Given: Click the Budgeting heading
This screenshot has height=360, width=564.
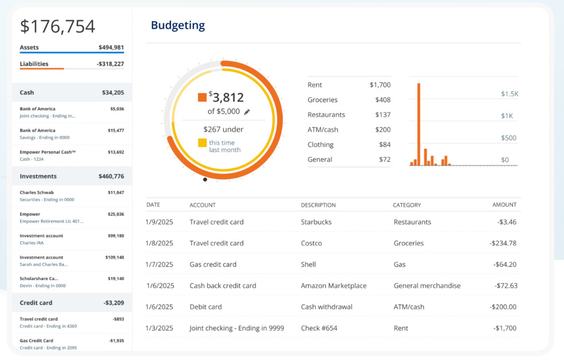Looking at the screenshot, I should (177, 25).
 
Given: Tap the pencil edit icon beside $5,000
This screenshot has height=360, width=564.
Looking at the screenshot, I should (247, 112).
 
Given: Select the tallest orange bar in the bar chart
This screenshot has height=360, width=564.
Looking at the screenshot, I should (419, 124).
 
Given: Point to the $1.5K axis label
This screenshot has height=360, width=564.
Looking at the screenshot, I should (509, 94).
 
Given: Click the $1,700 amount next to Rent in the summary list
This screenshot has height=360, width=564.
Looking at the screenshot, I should (380, 85).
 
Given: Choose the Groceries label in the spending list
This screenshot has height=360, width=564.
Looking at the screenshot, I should (322, 100).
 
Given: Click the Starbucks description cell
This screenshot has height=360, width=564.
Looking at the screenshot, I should (316, 222).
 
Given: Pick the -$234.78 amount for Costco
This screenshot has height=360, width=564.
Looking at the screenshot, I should (503, 243).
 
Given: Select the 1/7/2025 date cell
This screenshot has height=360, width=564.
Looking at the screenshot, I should (160, 264).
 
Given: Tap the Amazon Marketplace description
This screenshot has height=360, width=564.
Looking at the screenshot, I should (333, 285).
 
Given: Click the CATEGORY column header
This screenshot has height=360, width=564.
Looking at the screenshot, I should (407, 205).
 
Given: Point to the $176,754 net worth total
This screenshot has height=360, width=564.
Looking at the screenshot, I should (57, 26).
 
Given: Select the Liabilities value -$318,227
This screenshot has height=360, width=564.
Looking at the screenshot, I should (110, 64).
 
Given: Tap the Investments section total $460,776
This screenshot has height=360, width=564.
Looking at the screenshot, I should (111, 176).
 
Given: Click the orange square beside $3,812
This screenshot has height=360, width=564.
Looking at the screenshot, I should (202, 98).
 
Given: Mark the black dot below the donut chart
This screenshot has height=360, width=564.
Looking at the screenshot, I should (205, 179).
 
